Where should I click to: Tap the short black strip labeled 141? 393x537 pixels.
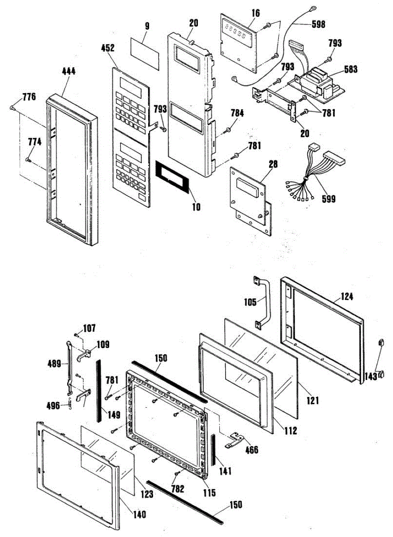(213, 449)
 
